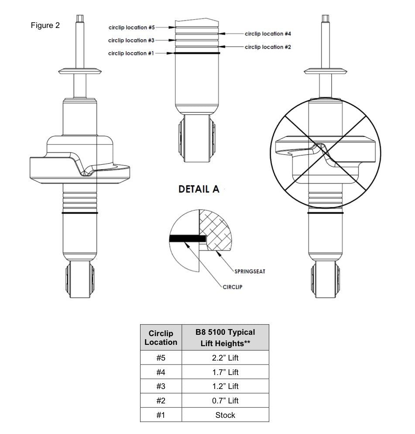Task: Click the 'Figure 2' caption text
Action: click(x=45, y=25)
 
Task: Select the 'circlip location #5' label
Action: click(x=131, y=28)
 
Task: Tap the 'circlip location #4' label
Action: click(x=268, y=34)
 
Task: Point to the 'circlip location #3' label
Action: click(x=131, y=40)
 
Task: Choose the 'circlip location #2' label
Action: click(x=268, y=47)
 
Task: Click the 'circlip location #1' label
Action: click(x=131, y=53)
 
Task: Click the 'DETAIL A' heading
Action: click(x=199, y=189)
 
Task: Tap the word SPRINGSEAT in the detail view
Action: click(x=250, y=271)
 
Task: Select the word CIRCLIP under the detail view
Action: click(x=232, y=287)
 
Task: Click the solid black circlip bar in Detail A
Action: click(x=188, y=239)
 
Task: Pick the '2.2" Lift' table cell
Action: click(x=225, y=358)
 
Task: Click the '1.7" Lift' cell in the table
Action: click(x=225, y=372)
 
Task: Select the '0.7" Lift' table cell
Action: click(x=225, y=400)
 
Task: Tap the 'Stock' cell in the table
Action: click(x=225, y=415)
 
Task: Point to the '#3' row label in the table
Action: click(x=161, y=386)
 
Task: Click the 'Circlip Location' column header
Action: click(x=161, y=338)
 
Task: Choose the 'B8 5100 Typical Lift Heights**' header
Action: click(x=225, y=338)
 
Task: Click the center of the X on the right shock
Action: click(x=326, y=153)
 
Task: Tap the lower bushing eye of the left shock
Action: click(x=80, y=279)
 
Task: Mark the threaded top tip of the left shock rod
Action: click(x=80, y=18)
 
